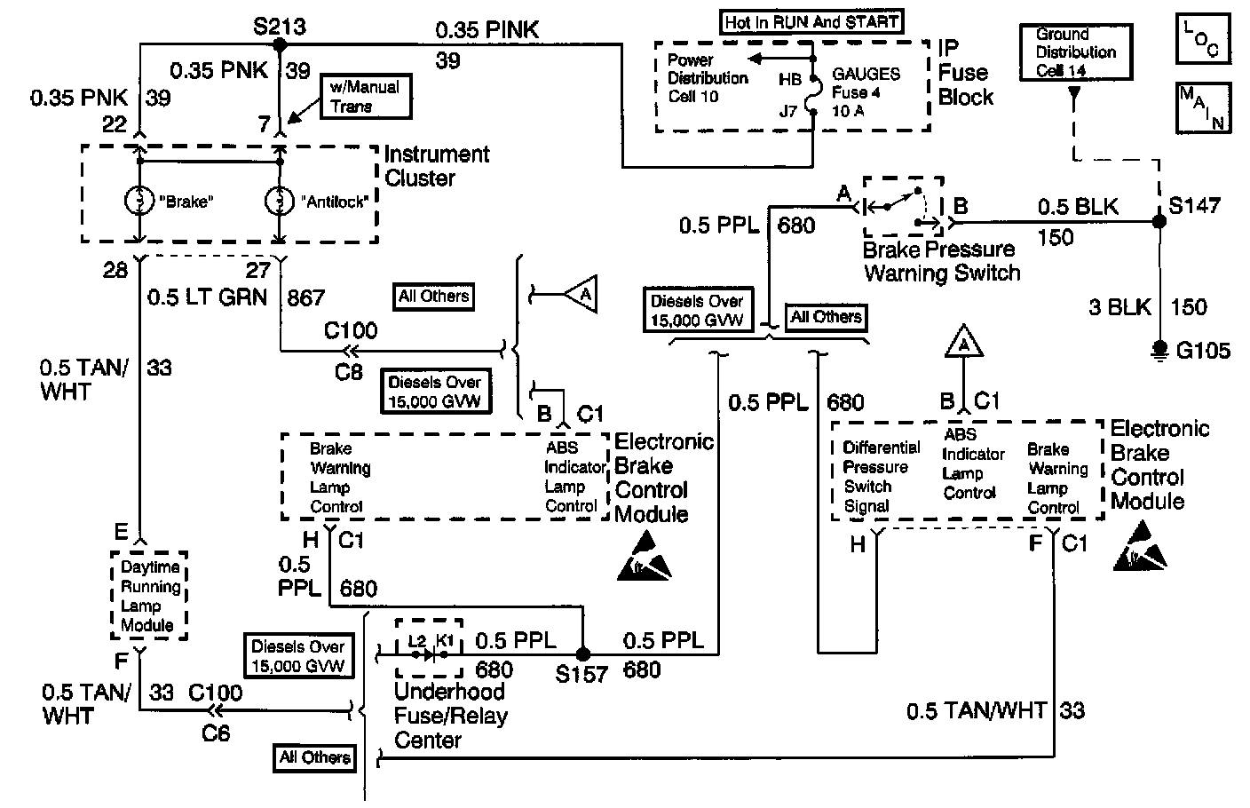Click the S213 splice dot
coord(279,44)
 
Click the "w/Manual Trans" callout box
coord(365,97)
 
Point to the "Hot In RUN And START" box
coord(811,22)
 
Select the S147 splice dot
coord(1159,221)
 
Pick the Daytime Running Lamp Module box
coord(147,595)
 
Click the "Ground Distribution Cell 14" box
coord(1075,52)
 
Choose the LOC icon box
coord(1202,39)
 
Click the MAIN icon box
coord(1202,107)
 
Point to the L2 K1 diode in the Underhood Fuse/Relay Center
coord(430,655)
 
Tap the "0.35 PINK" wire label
coord(487,29)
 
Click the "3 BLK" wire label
coord(1119,307)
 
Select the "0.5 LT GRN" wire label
coord(208,297)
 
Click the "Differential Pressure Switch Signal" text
coord(874,477)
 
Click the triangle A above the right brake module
coord(962,343)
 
